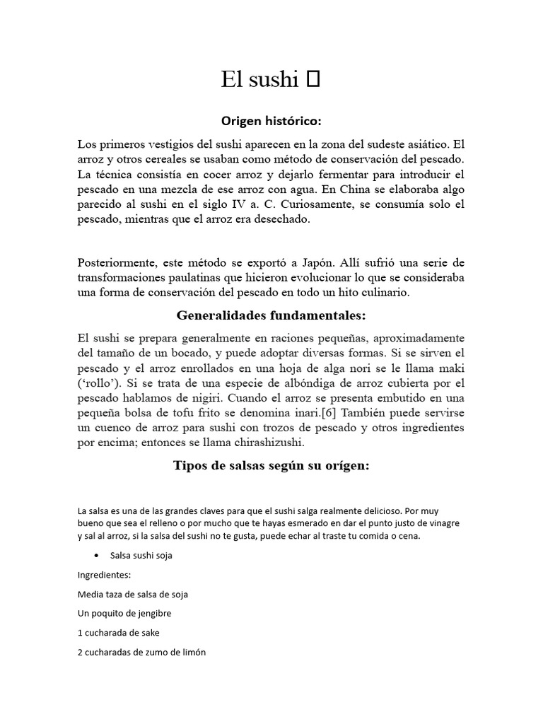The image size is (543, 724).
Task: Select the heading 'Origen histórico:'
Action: [x=272, y=121]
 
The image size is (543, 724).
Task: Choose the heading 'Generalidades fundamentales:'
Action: [x=271, y=315]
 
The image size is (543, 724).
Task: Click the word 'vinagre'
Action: [x=442, y=522]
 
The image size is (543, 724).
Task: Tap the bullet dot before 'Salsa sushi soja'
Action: [x=95, y=555]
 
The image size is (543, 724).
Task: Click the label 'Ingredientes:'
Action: [x=100, y=575]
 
